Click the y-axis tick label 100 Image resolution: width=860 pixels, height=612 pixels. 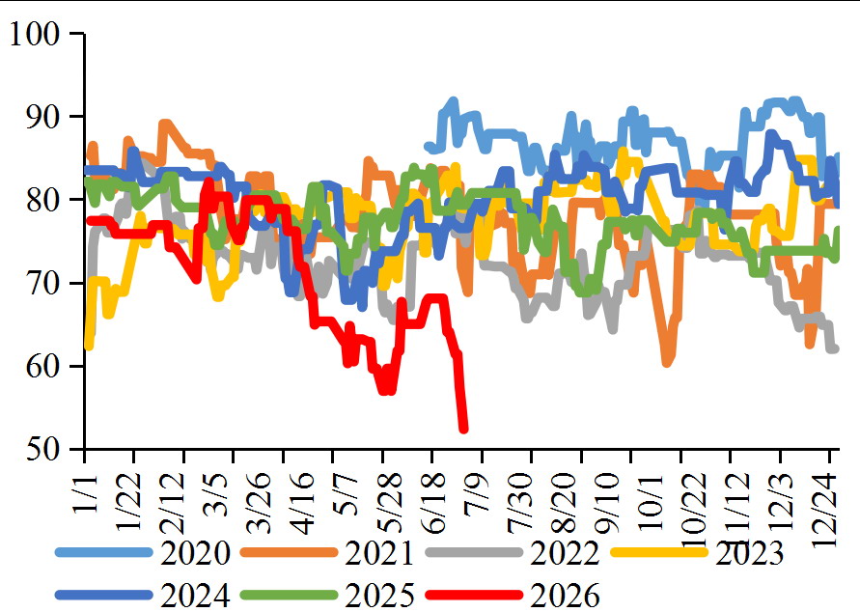coord(34,34)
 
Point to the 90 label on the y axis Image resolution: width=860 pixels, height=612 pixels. coord(42,117)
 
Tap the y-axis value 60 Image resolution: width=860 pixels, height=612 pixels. coord(42,366)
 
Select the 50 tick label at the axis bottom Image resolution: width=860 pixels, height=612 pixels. coord(42,449)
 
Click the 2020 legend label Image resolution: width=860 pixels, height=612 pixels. coord(195,553)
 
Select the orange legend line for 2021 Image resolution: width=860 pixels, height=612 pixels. coord(289,552)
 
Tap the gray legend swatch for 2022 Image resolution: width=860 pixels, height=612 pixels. coord(474,552)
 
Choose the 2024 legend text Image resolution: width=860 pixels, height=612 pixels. coord(195,595)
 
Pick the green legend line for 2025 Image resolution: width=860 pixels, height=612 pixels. coord(289,595)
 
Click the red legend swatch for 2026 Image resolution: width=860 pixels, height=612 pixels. coord(474,595)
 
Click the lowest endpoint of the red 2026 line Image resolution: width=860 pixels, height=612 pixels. coord(463,429)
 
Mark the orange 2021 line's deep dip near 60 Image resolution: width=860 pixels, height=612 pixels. coord(666,362)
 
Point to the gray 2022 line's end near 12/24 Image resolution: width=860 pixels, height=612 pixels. coord(834,348)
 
